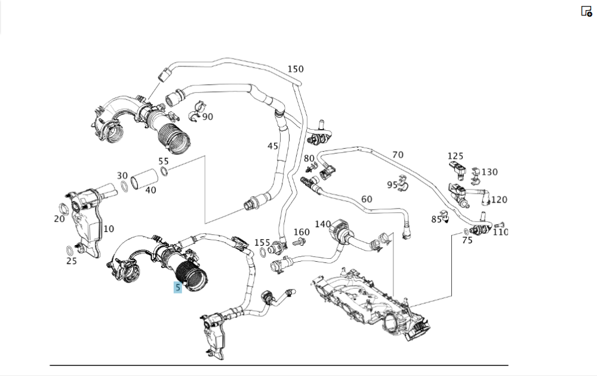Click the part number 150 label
296,69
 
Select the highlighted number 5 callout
177,288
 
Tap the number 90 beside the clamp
207,117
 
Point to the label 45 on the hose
273,146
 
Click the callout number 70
398,155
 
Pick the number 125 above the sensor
456,157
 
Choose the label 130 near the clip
490,172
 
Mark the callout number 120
499,200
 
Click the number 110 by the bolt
500,232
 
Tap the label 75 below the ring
467,240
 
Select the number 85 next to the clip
436,219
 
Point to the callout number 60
367,199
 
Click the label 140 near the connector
322,224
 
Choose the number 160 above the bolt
301,232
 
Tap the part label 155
262,243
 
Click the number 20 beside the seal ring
59,219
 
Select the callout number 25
72,261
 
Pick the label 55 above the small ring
164,161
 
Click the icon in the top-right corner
586,11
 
